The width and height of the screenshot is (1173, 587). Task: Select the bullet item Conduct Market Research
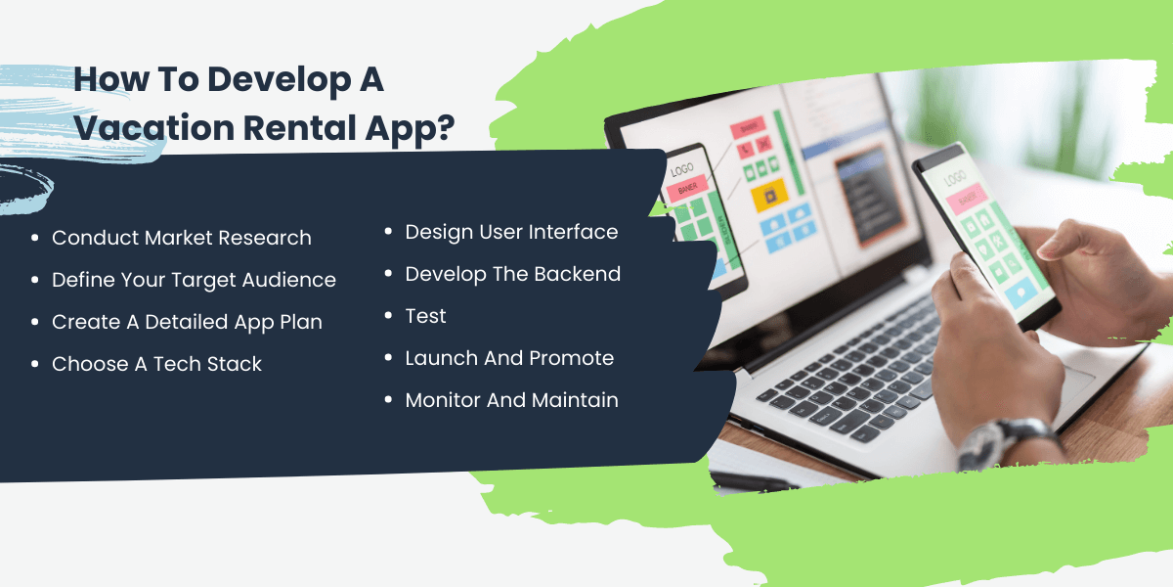tap(182, 238)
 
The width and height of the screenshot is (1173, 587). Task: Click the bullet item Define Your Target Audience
tap(194, 280)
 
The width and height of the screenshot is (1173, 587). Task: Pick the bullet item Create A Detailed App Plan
tap(187, 322)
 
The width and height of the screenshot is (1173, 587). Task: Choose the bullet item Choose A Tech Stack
tap(157, 364)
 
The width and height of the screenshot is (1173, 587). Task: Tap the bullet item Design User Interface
tap(511, 232)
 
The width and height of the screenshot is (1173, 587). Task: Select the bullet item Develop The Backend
tap(513, 274)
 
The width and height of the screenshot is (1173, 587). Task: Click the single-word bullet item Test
tap(425, 316)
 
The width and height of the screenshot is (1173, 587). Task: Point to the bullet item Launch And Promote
tap(509, 358)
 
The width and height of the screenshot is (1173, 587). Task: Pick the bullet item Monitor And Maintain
tap(511, 400)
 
